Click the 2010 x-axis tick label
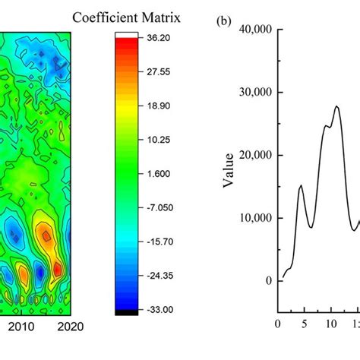click(x=22, y=326)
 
